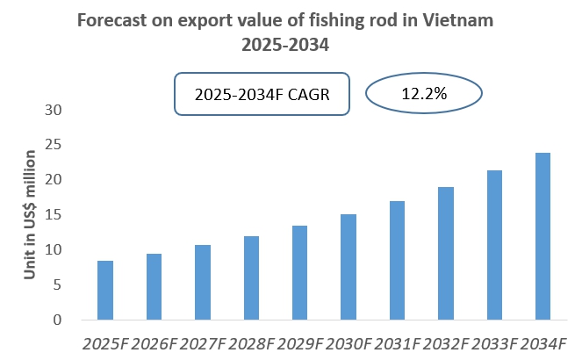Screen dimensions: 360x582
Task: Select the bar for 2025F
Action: click(105, 291)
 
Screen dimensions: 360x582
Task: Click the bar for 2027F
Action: click(203, 283)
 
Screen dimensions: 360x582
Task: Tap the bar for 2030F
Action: click(348, 267)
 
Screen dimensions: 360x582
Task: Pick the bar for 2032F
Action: click(446, 254)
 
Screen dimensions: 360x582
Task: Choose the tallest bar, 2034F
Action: click(543, 237)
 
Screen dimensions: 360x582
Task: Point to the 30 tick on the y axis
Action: click(56, 110)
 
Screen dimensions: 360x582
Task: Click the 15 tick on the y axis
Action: click(56, 215)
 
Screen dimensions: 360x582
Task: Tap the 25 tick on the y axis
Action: click(56, 145)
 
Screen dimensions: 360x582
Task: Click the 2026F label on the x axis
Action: click(154, 342)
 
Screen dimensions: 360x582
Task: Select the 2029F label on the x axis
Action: click(299, 342)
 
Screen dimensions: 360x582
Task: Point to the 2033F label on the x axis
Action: click(494, 342)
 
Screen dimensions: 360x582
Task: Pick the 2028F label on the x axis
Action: click(251, 342)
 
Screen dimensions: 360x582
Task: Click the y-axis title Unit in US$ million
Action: click(30, 215)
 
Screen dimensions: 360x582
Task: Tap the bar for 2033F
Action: click(494, 245)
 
